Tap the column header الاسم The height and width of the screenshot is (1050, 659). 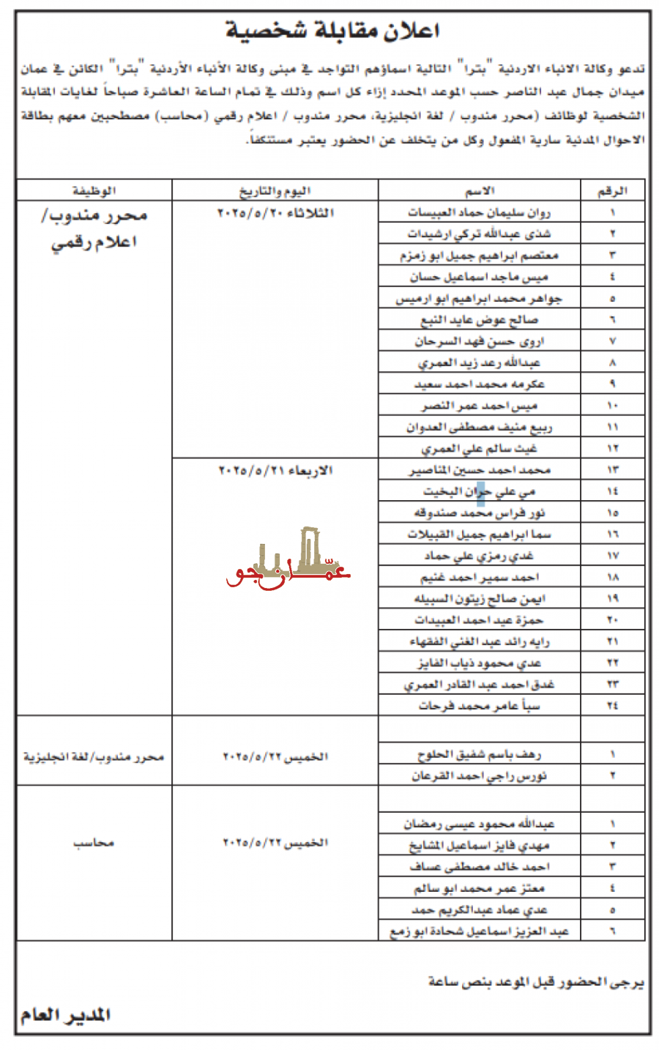point(480,191)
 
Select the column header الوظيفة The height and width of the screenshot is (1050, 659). point(94,191)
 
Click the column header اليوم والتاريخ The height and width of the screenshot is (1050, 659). point(275,191)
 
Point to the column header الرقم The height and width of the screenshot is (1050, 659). point(612,191)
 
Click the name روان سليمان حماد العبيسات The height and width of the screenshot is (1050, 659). point(480,212)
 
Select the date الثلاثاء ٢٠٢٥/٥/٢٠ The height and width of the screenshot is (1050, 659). point(275,212)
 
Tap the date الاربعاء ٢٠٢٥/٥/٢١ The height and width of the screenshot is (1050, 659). point(275,470)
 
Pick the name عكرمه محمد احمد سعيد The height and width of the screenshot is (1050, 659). point(480,384)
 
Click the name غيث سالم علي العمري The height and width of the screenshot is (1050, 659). point(480,448)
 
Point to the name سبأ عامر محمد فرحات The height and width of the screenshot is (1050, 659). point(480,706)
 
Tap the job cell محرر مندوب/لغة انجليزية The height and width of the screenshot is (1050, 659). point(94,756)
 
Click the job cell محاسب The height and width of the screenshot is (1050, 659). point(94,843)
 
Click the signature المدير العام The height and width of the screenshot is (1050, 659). point(66,1015)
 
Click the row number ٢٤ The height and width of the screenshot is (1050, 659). point(612,706)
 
